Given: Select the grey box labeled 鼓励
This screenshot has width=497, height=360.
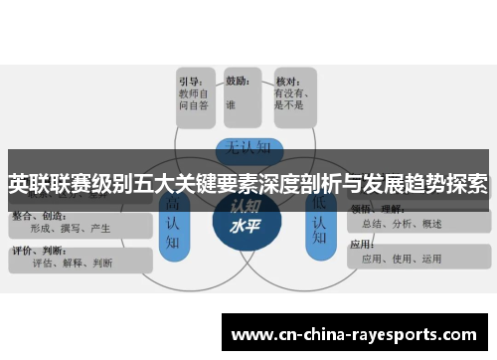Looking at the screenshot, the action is [245, 96].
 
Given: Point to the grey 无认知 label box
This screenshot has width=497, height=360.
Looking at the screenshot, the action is [246, 148].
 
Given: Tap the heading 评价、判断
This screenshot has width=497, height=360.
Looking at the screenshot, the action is [34, 251].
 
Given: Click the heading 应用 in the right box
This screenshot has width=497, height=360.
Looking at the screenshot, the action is [363, 244].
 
